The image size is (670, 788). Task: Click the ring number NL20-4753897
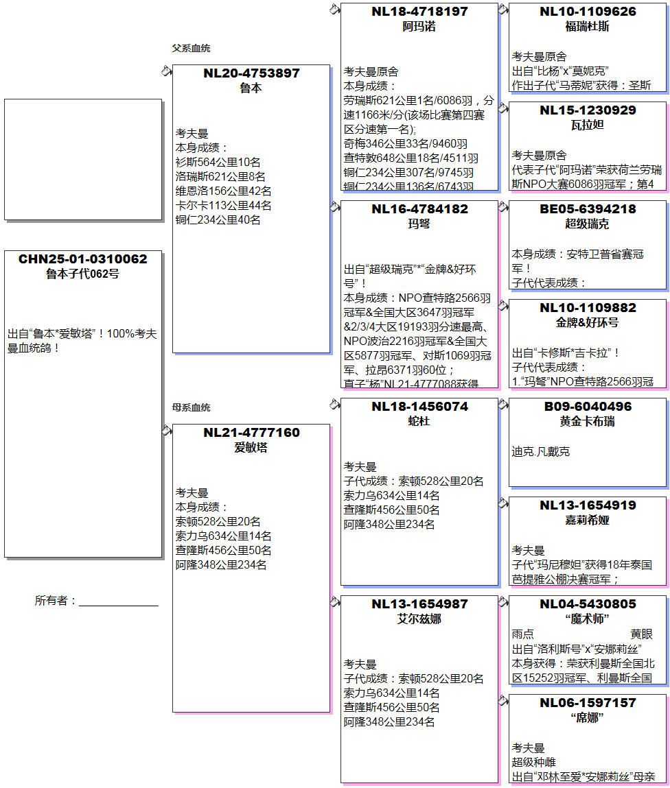pos(251,73)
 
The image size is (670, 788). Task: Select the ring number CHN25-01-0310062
pos(82,259)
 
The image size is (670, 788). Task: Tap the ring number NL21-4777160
pos(251,433)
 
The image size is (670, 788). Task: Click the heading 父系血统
pos(191,49)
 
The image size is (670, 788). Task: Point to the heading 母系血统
pos(191,408)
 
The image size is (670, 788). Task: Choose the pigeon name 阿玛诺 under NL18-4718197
pos(419,27)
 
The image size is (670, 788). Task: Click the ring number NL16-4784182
pos(419,209)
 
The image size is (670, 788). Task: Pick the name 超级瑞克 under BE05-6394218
pos(587,224)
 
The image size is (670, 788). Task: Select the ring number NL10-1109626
pos(587,12)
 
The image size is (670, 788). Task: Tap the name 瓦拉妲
pos(587,126)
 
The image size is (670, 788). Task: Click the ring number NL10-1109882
pos(587,308)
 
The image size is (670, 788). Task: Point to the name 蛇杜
pos(419,422)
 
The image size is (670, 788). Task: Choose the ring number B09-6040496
pos(587,407)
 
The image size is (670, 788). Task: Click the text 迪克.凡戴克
pos(540,452)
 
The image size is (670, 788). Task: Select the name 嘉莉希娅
pos(587,521)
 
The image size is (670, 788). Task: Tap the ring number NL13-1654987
pos(419,604)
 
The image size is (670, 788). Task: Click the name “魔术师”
pos(587,619)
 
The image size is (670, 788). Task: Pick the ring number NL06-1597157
pos(587,703)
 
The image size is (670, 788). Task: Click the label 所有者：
pos(56,601)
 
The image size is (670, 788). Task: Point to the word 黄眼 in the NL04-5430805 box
pos(641,634)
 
